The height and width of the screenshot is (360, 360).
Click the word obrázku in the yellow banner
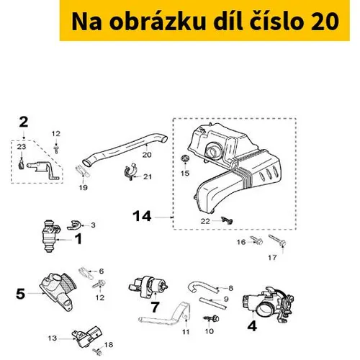pos(158,21)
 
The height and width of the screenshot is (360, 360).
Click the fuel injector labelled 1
pos(50,235)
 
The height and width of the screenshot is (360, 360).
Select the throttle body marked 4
pos(269,305)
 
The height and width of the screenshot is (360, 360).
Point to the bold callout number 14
pos(142,216)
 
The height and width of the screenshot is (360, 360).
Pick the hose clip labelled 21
pos(130,171)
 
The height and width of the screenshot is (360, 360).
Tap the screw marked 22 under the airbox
pos(227,220)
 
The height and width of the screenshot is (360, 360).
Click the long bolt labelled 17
pos(277,240)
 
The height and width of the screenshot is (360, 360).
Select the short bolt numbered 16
pos(257,240)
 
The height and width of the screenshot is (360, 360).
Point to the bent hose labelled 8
pos(203,288)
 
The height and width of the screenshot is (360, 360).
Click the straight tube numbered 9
pos(212,303)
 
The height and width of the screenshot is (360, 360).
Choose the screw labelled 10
pos(212,319)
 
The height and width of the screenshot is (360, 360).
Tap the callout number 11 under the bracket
pos(186,332)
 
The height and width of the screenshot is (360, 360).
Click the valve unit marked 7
pos(148,287)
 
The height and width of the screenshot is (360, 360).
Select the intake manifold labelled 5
pos(58,291)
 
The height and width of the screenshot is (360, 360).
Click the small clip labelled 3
pos(73,225)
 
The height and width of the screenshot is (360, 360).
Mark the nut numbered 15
pos(185,159)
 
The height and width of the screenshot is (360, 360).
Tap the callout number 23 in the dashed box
pos(22,147)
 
